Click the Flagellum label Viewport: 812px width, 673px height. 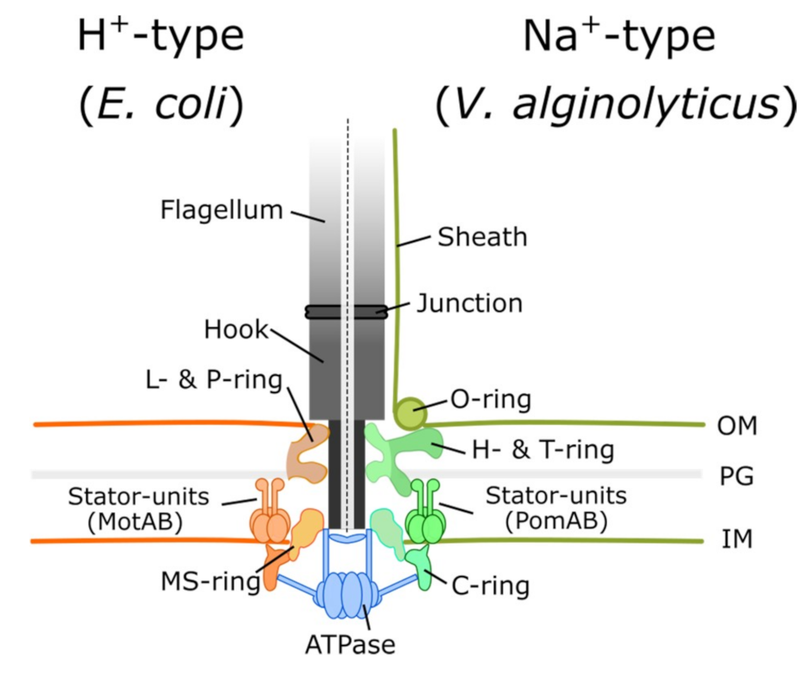pyautogui.click(x=221, y=210)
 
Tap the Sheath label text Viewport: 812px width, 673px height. pyautogui.click(x=482, y=237)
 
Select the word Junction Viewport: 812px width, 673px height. pyautogui.click(x=469, y=304)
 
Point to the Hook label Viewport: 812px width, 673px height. pyautogui.click(x=235, y=330)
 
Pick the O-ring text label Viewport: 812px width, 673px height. pyautogui.click(x=491, y=400)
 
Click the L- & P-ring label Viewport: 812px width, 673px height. pyautogui.click(x=214, y=380)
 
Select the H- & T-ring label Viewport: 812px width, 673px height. pyautogui.click(x=542, y=450)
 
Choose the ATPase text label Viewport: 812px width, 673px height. pyautogui.click(x=350, y=644)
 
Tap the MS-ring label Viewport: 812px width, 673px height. pyautogui.click(x=210, y=582)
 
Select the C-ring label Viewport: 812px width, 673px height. pyautogui.click(x=490, y=586)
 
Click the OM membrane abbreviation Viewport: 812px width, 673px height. pyautogui.click(x=737, y=426)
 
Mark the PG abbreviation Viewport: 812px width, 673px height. pyautogui.click(x=737, y=476)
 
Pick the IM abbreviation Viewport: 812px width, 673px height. pyautogui.click(x=737, y=539)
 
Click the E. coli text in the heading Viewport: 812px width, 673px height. pyautogui.click(x=161, y=104)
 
